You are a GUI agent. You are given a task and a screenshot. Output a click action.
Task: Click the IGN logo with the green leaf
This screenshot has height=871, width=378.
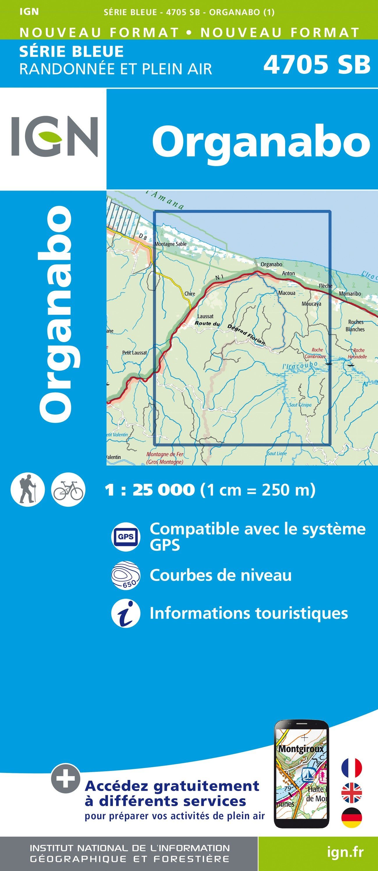click(x=54, y=137)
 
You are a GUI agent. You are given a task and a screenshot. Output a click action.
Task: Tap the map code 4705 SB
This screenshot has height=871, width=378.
click(x=317, y=65)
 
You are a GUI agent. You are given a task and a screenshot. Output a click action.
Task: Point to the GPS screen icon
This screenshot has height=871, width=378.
click(x=125, y=537)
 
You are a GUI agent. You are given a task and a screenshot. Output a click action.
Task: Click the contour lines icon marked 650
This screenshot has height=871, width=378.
click(x=125, y=575)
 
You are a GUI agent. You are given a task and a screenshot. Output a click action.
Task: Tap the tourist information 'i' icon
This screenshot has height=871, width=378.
click(x=125, y=614)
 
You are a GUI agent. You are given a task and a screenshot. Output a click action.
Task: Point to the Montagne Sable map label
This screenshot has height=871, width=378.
click(x=171, y=244)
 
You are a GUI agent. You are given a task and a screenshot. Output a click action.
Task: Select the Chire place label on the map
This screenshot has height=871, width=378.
click(x=190, y=294)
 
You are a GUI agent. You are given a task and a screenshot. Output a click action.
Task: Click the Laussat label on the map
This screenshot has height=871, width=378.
click(x=205, y=317)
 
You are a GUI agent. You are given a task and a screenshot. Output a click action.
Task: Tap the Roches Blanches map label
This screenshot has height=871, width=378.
click(x=355, y=326)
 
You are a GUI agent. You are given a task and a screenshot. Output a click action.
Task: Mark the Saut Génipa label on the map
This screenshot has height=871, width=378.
click(x=300, y=405)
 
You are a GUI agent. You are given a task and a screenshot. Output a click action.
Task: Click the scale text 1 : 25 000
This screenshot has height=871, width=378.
click(x=150, y=490)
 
